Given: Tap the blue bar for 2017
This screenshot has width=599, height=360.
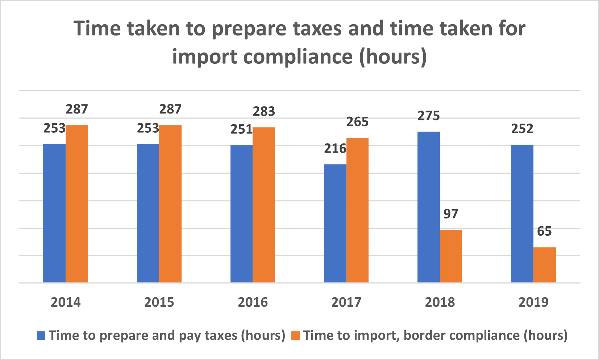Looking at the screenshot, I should tap(335, 223).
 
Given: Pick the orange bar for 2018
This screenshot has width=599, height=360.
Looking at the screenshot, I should tap(451, 256).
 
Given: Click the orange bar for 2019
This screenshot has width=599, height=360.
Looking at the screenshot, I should tap(544, 265).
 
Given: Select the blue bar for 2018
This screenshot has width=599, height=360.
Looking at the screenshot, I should tap(429, 207).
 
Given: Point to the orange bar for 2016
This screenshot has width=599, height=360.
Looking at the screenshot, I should tap(264, 205).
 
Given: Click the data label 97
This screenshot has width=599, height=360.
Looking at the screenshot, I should tap(451, 214).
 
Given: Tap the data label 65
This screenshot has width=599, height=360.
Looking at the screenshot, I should tap(544, 231).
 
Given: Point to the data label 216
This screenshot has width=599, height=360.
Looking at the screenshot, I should tap(335, 149).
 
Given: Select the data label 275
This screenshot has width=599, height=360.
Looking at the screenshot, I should tap(429, 116).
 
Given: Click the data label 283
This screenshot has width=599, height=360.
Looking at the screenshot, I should tap(264, 112).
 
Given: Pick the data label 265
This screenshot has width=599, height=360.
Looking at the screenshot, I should tap(357, 122).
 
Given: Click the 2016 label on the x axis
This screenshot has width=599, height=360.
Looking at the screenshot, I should tap(253, 302).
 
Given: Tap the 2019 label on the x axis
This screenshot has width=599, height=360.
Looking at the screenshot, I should tap(533, 302).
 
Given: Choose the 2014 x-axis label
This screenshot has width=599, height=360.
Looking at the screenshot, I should tap(66, 302).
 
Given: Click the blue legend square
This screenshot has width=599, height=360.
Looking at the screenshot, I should tap(41, 336).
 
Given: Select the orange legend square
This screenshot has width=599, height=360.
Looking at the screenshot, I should tap(296, 336).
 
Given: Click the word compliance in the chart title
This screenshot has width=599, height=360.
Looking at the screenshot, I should tap(298, 57).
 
